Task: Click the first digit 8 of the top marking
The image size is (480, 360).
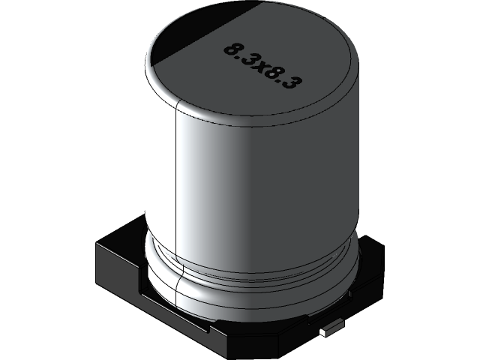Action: point(229,51)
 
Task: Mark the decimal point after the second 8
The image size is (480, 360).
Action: point(275,80)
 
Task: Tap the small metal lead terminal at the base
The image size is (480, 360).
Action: point(328,330)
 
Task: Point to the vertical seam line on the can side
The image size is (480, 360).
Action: point(175,180)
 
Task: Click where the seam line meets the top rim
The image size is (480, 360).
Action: point(175,107)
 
